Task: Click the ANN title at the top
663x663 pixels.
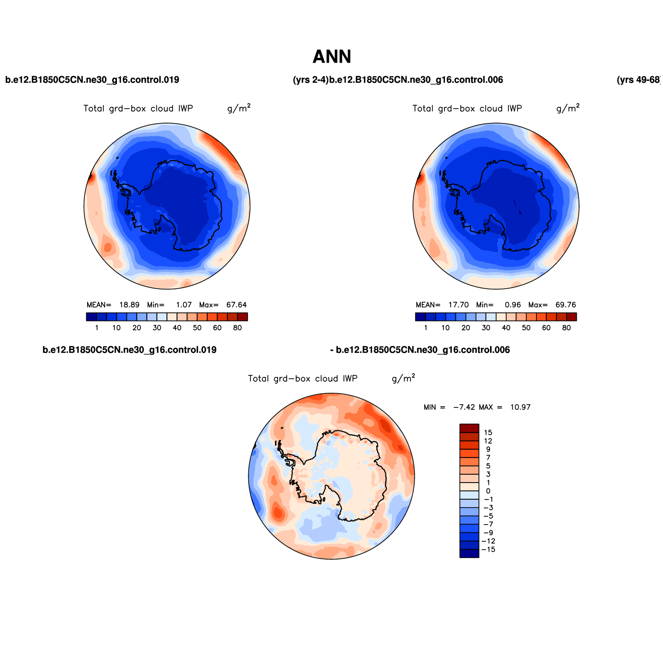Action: pos(331,57)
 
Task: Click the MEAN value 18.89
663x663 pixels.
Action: pos(130,305)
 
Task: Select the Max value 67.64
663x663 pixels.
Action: pos(236,305)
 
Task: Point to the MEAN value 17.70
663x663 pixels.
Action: pos(458,305)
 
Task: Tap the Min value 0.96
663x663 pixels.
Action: pos(513,305)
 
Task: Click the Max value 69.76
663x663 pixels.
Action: pos(566,305)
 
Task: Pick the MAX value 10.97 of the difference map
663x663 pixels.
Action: pos(520,407)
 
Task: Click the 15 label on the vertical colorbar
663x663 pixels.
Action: pos(488,433)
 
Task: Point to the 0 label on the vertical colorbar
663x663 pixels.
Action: pos(488,491)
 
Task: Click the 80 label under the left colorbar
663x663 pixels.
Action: pos(237,328)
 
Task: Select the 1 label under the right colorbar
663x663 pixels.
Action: pos(426,328)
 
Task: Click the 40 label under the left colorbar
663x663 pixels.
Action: pos(177,328)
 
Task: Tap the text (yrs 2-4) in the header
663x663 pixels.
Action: pos(310,80)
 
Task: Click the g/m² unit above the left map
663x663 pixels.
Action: pos(239,108)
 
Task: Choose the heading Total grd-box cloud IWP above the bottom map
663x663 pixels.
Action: pos(303,379)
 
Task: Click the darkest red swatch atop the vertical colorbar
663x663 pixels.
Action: pos(469,428)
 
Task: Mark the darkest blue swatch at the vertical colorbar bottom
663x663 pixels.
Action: pos(469,554)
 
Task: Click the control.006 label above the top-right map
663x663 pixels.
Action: pos(416,80)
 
